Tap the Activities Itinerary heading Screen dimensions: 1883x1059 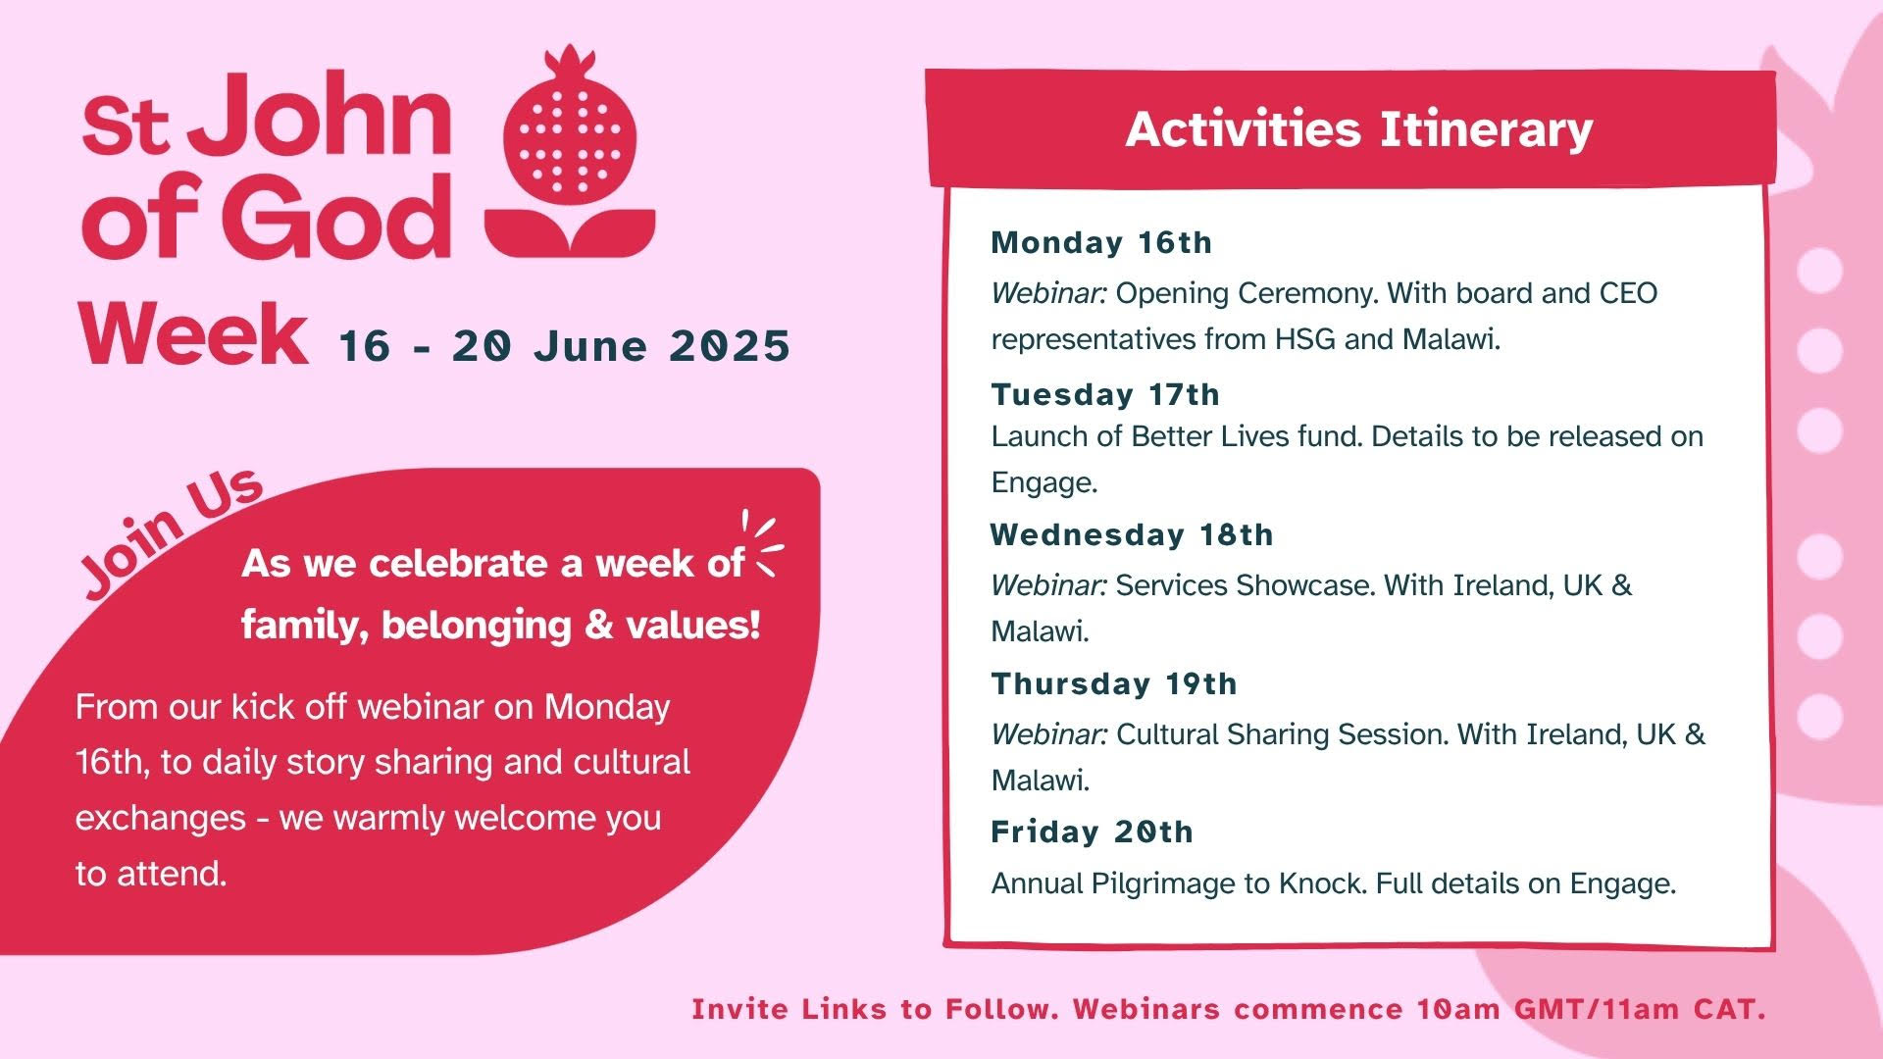[x=1358, y=129]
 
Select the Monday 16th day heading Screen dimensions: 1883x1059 [x=1101, y=242]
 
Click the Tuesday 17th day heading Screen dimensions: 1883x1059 [x=1105, y=394]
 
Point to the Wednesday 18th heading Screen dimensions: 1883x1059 [x=1132, y=534]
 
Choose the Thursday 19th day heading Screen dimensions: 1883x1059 [x=1114, y=683]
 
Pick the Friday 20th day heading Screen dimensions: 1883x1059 [x=1092, y=832]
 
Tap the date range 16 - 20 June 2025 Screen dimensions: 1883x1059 [x=564, y=347]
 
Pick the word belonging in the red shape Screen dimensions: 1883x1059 [x=476, y=626]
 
